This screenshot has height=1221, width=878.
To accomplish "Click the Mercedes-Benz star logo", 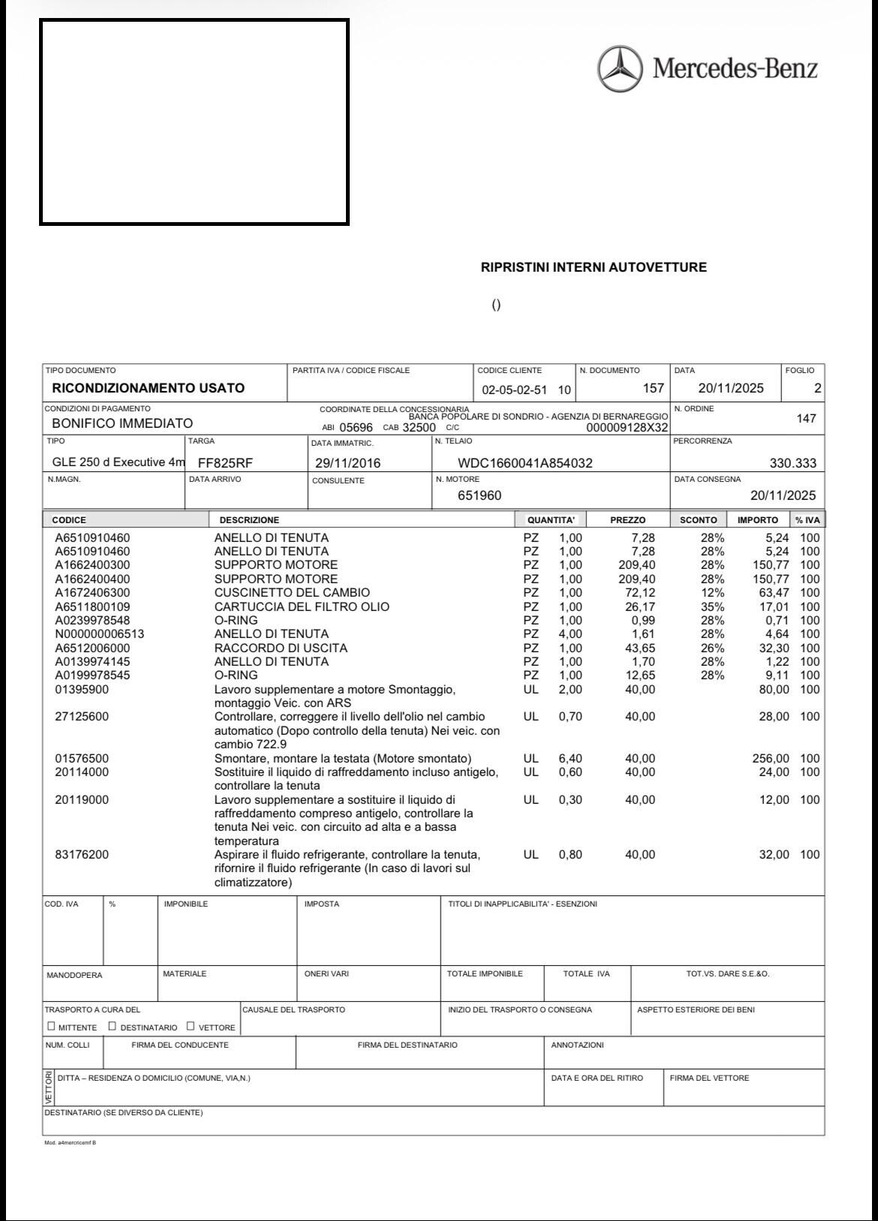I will click(x=621, y=69).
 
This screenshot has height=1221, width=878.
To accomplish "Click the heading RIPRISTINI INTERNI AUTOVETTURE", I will click(x=594, y=267).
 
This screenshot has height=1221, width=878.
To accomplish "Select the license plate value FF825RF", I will click(x=225, y=463).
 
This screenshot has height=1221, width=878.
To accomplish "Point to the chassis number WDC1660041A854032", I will click(x=525, y=463).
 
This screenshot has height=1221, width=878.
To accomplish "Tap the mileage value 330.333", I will click(x=792, y=463).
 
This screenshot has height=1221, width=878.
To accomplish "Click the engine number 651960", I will click(x=480, y=495).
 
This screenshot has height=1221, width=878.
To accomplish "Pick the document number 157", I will click(x=654, y=388).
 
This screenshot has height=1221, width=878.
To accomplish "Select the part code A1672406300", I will click(x=92, y=593).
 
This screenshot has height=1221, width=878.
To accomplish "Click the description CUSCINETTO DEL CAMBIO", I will click(x=292, y=593).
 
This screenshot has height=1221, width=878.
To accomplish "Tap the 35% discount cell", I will click(x=712, y=606).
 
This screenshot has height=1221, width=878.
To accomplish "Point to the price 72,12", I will click(x=639, y=593).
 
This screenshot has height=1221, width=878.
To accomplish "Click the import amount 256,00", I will click(x=771, y=759).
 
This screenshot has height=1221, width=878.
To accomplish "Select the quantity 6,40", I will click(x=570, y=759).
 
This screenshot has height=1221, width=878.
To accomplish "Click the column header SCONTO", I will click(x=698, y=520).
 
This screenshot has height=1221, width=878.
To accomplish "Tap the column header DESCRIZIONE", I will click(x=249, y=520).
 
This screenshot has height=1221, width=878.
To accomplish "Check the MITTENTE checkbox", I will click(x=51, y=1026).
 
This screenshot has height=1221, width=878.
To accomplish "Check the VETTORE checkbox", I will click(x=191, y=1026).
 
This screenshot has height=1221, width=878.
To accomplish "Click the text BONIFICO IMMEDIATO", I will click(x=122, y=423).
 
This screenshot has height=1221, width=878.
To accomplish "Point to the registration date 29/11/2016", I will click(x=347, y=463).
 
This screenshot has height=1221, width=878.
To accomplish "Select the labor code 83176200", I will click(x=82, y=855).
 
